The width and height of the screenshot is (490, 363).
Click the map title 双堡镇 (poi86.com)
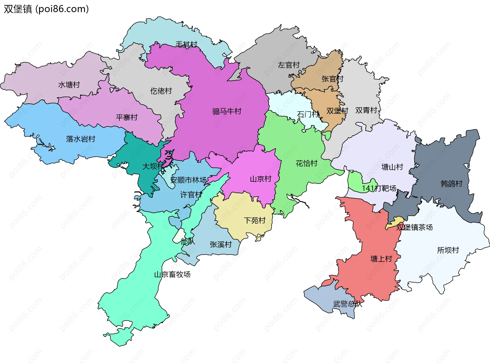(46, 9)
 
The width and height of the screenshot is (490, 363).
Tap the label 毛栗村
(186, 44)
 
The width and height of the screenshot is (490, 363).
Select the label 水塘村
(69, 85)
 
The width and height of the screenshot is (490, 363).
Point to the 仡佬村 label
(161, 91)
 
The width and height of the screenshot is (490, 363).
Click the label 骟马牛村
(227, 111)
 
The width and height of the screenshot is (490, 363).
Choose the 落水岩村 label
(80, 139)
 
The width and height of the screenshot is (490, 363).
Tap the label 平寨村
(127, 118)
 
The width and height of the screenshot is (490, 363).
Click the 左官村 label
(289, 65)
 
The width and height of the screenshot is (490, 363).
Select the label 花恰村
(306, 163)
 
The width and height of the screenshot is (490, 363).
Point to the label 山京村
(260, 179)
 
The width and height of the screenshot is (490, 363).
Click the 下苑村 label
(254, 220)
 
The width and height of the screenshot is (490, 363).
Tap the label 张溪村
(220, 245)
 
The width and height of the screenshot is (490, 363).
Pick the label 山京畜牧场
(172, 275)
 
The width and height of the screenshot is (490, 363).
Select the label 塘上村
(381, 259)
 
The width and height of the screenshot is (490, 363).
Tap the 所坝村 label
(448, 250)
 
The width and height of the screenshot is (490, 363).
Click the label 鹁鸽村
(451, 184)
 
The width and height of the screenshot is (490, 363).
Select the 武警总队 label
(347, 304)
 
